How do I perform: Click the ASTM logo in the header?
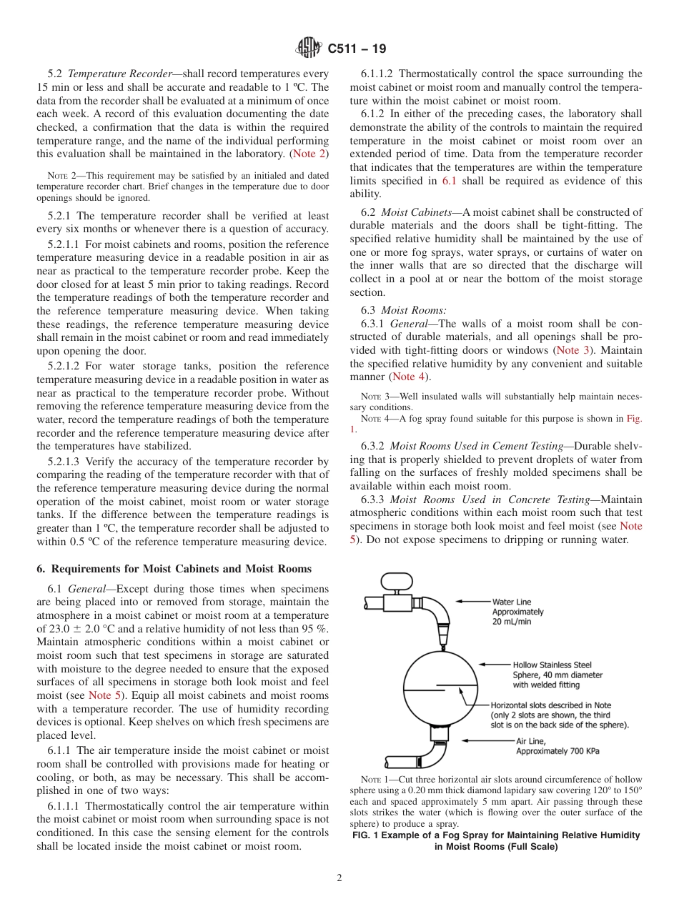click(x=309, y=49)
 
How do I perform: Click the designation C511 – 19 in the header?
click(x=357, y=49)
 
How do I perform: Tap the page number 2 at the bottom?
click(x=339, y=878)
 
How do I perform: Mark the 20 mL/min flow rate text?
click(x=512, y=622)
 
